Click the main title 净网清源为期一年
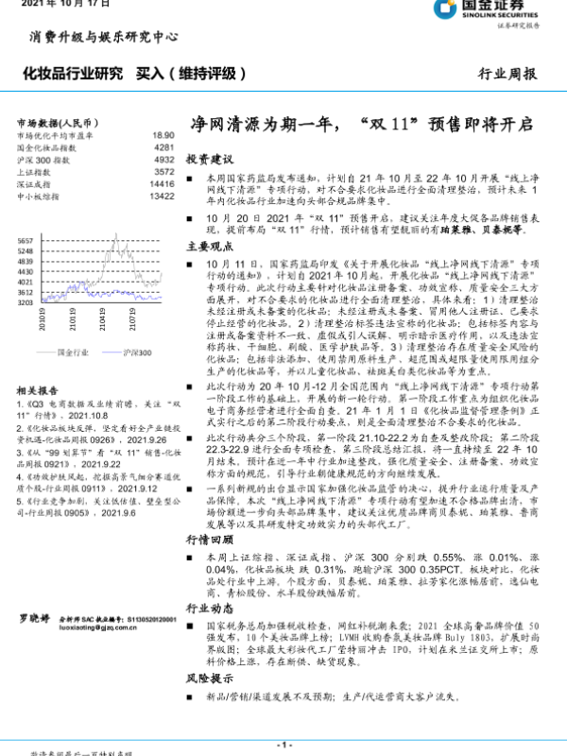pos(359,125)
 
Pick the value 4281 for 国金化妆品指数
pos(163,148)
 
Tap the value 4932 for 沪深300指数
pos(163,160)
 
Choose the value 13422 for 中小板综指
pos(162,196)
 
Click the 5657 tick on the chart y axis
pos(26,242)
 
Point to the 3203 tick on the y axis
pos(26,303)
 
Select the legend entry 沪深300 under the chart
pos(137,352)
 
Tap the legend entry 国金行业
pos(73,352)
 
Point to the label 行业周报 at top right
pos(509,73)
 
